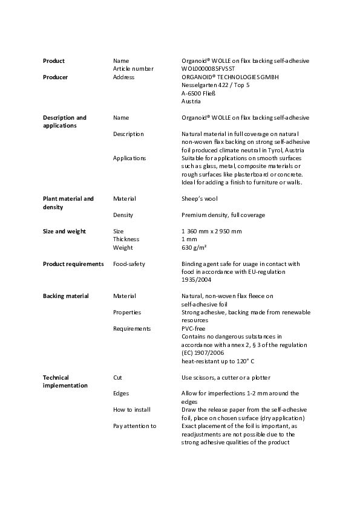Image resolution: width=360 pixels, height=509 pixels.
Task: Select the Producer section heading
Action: coord(55,77)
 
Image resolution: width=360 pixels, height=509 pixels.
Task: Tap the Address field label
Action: coord(123,77)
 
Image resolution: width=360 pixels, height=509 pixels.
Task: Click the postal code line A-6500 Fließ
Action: coord(199,94)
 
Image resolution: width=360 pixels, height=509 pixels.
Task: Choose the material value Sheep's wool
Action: coord(200,198)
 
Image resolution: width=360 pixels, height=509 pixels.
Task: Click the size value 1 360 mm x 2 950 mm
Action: coord(212,232)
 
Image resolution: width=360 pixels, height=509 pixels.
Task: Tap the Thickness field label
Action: coord(127,239)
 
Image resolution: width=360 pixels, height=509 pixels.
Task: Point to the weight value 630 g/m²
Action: coord(194,247)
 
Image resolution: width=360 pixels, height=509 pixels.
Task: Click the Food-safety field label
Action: coord(129,264)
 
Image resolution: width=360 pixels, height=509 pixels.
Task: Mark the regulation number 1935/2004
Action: coord(195,280)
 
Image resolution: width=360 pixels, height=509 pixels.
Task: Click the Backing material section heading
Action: coord(65,296)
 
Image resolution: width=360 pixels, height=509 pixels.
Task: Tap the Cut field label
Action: coord(117,377)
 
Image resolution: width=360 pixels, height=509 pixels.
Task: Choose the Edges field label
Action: coord(121,394)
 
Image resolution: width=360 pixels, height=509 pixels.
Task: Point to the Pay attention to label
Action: coord(134,426)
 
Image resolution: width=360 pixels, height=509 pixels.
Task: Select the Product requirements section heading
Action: coord(73,264)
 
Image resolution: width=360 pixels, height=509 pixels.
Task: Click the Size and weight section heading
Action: coord(64,232)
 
